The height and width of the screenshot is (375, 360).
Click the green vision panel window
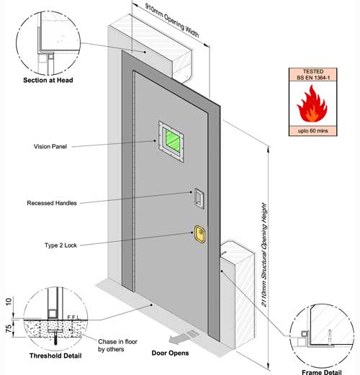click(x=171, y=141)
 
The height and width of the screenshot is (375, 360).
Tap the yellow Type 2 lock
click(x=199, y=234)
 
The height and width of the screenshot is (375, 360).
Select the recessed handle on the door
click(x=199, y=198)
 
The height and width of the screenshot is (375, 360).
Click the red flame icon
click(x=312, y=104)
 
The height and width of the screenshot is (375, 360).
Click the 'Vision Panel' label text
click(x=50, y=146)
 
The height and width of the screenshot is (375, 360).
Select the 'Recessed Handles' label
click(x=52, y=203)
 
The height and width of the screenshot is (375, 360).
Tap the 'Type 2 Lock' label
click(x=60, y=245)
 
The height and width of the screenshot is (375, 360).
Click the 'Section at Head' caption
click(x=48, y=80)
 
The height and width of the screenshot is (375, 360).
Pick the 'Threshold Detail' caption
click(x=55, y=356)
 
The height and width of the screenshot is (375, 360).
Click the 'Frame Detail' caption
click(x=321, y=372)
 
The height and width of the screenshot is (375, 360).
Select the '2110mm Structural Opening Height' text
click(x=264, y=255)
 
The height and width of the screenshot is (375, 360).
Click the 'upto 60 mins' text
click(x=312, y=131)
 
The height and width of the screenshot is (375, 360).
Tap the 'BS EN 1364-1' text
click(x=313, y=78)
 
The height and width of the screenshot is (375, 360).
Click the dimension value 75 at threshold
click(x=9, y=328)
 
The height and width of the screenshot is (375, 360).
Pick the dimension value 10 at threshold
click(x=9, y=302)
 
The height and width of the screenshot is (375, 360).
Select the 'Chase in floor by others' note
click(x=117, y=345)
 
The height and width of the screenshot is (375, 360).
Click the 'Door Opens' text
click(x=170, y=353)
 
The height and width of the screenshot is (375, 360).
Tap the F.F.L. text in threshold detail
click(x=73, y=317)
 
